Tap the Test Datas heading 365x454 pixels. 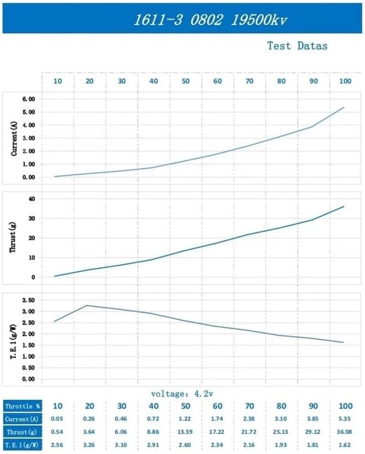point(297,46)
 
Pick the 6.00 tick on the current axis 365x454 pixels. point(28,99)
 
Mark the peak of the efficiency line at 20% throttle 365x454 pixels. point(87,305)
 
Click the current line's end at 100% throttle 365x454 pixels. point(343,108)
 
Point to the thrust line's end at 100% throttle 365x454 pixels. point(343,207)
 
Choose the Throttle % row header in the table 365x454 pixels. point(22,406)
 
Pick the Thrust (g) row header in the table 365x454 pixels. point(22,431)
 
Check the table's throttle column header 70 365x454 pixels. point(250,406)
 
